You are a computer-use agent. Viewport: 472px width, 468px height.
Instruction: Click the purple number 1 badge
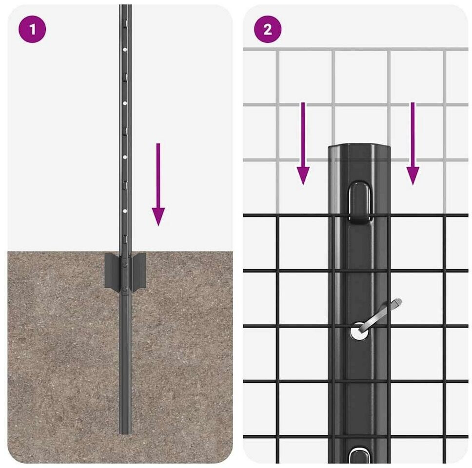pos(32,29)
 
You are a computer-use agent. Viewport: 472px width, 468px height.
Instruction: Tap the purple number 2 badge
pos(268,29)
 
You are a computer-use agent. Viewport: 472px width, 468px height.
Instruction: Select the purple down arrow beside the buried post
pos(158,184)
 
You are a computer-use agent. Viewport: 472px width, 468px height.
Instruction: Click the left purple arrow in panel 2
pos(303,143)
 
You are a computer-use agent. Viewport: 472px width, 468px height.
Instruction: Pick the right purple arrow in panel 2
pos(413,143)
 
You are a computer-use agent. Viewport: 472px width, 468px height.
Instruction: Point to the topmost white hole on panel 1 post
pos(125,49)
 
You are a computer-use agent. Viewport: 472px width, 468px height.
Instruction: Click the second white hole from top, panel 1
pos(125,103)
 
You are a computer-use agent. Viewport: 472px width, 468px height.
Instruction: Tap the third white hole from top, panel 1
pos(125,157)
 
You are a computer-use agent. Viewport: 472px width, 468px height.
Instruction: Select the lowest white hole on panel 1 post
pos(125,211)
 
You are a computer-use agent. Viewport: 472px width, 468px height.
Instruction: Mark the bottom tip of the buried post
pos(125,433)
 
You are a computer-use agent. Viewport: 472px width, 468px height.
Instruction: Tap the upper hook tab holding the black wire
pos(360,202)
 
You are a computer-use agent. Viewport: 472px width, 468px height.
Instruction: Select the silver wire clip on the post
pos(380,315)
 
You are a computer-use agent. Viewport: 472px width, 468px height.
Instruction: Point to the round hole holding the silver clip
pos(359,331)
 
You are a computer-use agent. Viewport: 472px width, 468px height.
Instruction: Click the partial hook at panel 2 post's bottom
pos(360,455)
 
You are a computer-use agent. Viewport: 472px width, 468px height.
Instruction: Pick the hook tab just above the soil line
pos(125,239)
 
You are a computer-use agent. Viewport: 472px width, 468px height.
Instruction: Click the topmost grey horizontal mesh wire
pos(355,49)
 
